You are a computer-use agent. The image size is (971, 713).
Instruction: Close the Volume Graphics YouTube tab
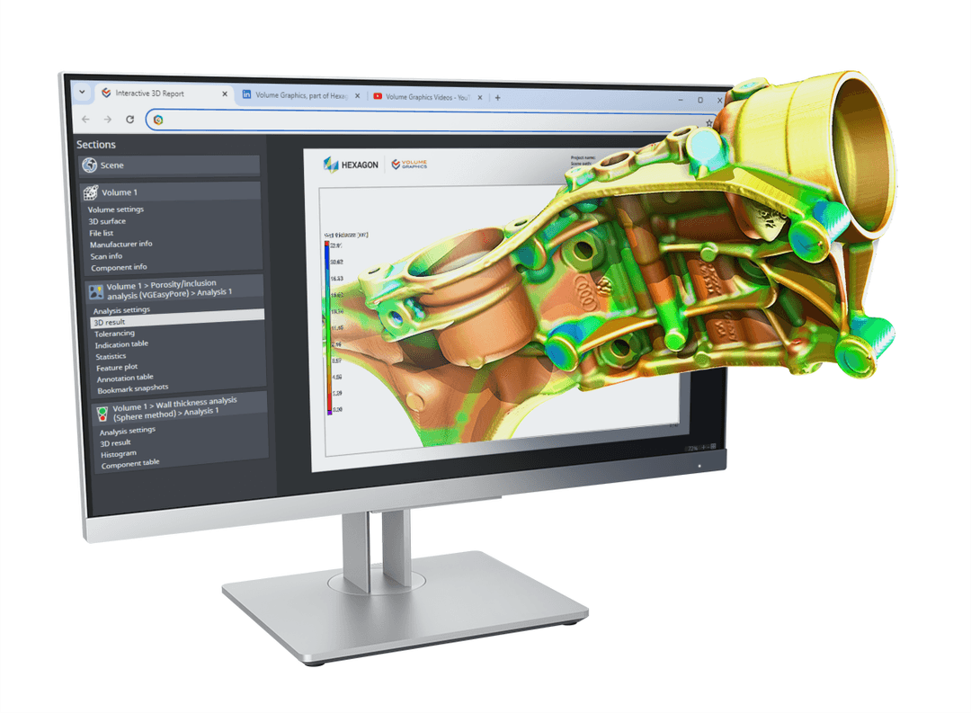tap(481, 97)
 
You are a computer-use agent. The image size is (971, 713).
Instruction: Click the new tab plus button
tap(497, 97)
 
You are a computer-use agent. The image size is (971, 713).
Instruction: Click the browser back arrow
tap(85, 119)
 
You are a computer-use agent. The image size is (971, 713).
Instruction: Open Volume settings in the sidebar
tap(116, 209)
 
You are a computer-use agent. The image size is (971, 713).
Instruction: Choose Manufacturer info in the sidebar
tap(120, 244)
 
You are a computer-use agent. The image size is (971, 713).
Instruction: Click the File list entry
tap(102, 233)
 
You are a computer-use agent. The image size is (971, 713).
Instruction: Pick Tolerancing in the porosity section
tap(114, 333)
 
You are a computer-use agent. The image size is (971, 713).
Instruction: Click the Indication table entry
tap(121, 344)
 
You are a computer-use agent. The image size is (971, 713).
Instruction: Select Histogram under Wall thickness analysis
tap(119, 454)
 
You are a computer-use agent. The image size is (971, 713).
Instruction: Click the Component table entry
tap(129, 464)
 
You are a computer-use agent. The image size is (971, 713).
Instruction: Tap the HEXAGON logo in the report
tap(352, 165)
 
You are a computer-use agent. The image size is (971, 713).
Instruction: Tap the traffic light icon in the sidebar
tap(102, 414)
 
